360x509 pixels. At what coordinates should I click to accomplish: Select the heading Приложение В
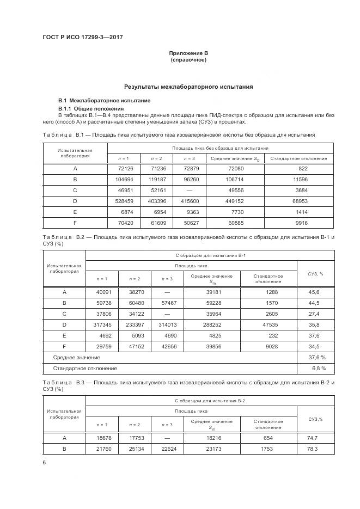click(188, 53)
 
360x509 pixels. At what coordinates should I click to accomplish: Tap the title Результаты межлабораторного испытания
click(188, 87)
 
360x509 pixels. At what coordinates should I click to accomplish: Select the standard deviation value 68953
click(303, 201)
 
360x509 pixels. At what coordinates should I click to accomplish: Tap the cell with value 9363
click(188, 212)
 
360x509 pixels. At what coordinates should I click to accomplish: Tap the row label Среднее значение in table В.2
click(76, 358)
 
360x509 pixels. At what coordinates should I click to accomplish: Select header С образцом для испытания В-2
click(210, 401)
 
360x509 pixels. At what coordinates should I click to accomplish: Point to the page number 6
click(44, 463)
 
